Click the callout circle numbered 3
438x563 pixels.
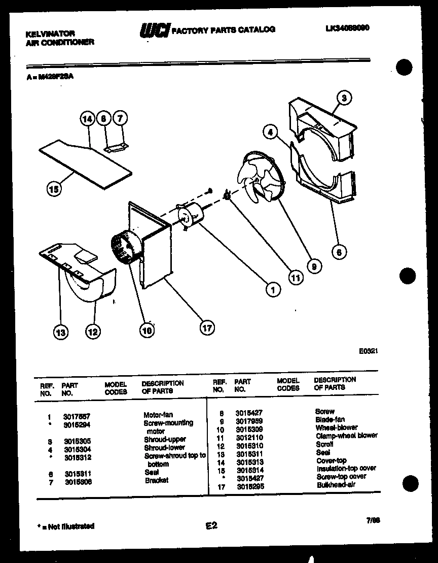point(344,98)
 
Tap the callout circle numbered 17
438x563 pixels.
point(207,327)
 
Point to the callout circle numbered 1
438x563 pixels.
point(273,290)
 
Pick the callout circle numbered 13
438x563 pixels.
point(61,333)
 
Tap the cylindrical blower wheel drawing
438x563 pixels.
point(123,247)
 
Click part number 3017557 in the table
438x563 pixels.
point(76,416)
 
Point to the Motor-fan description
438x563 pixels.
point(158,415)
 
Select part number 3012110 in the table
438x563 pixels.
point(249,437)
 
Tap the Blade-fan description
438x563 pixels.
point(330,419)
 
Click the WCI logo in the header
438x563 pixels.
point(155,30)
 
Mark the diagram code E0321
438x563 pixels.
point(369,351)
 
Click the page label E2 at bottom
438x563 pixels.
point(211,526)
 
